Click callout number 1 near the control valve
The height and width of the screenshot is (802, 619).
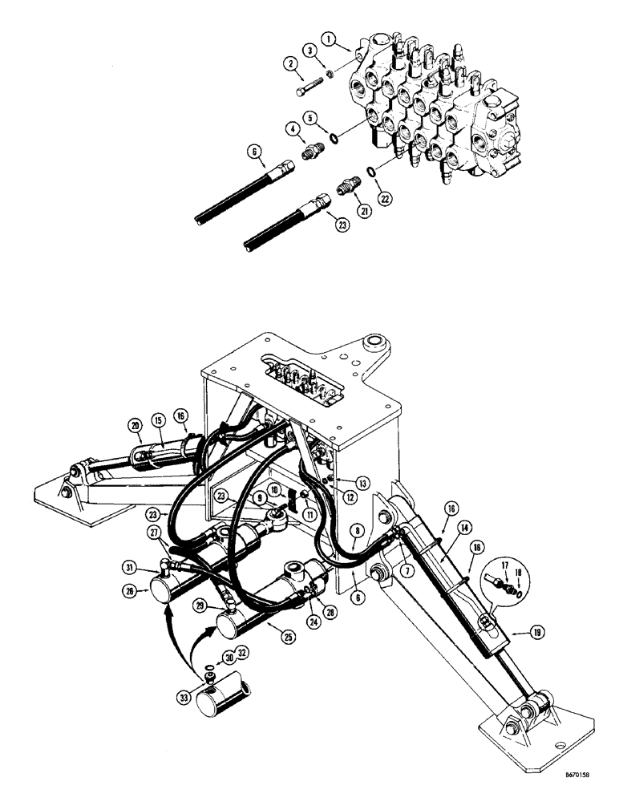pos(328,38)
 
